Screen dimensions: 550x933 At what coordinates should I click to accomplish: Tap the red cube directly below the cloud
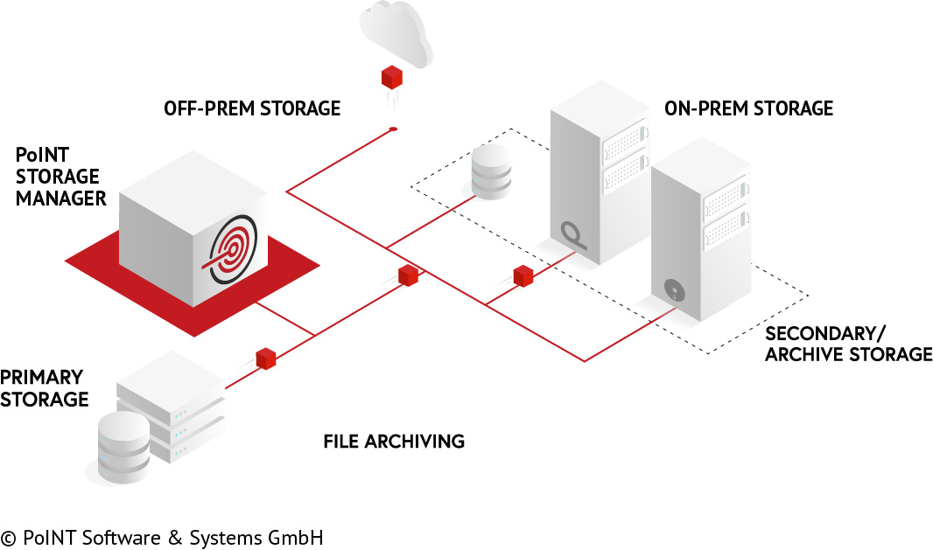[x=391, y=78]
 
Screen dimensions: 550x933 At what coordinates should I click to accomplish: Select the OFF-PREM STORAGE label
[x=252, y=108]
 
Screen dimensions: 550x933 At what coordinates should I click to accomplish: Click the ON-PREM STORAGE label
[x=748, y=108]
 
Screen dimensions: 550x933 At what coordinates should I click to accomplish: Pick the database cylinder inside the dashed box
[x=490, y=173]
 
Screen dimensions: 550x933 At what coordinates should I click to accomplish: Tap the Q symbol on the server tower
[x=572, y=233]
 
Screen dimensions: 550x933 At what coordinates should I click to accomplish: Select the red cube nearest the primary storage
[x=266, y=358]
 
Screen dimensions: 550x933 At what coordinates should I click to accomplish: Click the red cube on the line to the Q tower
[x=523, y=275]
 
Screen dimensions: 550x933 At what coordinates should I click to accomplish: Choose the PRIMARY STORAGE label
[x=44, y=388]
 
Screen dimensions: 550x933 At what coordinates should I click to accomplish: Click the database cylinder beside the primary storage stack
[x=123, y=447]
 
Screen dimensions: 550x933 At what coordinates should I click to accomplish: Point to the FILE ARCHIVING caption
[x=394, y=441]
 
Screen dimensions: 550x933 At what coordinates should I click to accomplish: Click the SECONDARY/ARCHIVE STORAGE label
[x=848, y=344]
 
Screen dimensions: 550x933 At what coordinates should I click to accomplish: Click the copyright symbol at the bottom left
[x=9, y=538]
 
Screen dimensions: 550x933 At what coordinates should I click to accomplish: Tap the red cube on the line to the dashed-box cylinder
[x=408, y=275]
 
